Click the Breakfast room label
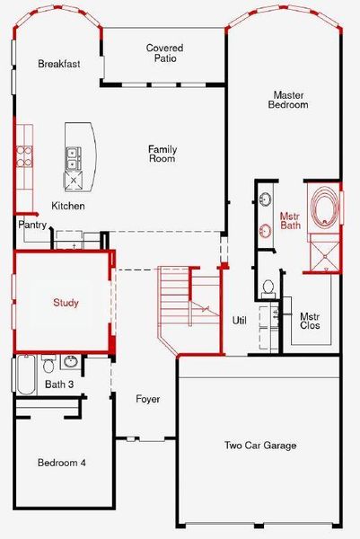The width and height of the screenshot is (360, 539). click(59, 64)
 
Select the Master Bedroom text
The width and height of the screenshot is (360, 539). click(289, 99)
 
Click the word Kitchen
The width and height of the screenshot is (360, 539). click(67, 206)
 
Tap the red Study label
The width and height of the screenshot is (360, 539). click(65, 303)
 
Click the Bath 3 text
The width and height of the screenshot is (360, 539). click(58, 384)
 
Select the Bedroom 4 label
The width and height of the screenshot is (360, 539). click(61, 463)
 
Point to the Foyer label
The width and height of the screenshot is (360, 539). click(147, 399)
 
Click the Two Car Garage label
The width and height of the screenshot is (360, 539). click(259, 446)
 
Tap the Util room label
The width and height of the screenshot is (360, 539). click(239, 320)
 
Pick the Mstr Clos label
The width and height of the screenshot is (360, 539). click(310, 322)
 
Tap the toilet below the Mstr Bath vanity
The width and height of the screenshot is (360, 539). click(268, 287)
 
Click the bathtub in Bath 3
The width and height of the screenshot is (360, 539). click(26, 376)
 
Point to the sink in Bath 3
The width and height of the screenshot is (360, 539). click(70, 363)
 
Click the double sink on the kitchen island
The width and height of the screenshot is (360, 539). click(72, 159)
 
